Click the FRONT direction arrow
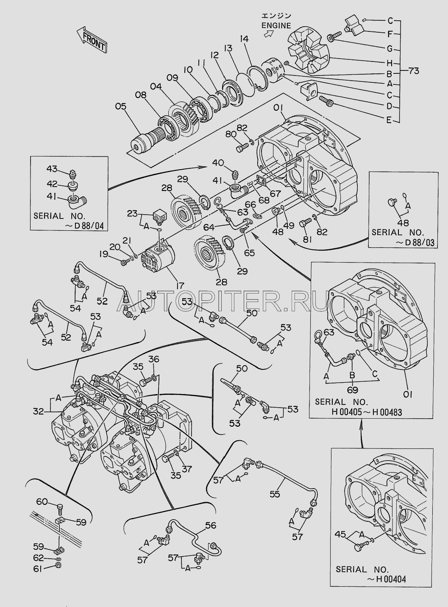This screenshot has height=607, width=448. point(92,39)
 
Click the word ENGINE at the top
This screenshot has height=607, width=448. point(276,25)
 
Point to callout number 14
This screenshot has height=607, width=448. point(243,39)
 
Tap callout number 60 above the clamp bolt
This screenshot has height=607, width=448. point(42,502)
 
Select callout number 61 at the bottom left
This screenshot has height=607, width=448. point(39,569)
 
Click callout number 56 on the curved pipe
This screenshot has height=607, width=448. point(211,526)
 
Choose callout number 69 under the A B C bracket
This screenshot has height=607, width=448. point(353,389)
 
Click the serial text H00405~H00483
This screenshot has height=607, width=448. point(367,411)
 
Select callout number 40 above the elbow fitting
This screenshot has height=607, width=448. point(217,163)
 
